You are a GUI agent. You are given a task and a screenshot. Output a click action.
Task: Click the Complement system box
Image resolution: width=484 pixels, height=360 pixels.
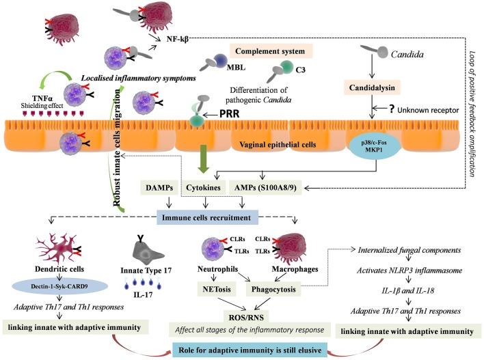point(271,51)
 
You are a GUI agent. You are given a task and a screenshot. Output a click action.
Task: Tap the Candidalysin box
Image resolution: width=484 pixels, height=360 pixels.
point(372,88)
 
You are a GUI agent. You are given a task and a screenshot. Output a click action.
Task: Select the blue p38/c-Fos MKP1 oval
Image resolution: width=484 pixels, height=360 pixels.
point(374,146)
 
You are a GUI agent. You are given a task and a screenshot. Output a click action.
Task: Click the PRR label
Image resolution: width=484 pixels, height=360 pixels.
point(229,114)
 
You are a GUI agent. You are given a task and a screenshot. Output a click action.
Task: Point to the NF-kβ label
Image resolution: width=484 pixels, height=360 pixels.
point(178,39)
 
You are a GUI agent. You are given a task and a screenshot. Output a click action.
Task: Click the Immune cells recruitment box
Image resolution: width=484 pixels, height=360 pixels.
point(207,218)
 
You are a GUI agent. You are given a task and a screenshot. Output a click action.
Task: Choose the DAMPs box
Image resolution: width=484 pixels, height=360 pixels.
point(159,188)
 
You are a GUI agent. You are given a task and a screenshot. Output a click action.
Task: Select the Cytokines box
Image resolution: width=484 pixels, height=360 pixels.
point(203,188)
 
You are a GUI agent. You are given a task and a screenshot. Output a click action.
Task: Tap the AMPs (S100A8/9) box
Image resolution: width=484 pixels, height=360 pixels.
point(266,188)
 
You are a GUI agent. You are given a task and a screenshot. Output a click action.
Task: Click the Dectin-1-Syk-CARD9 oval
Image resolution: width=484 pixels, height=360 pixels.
point(59,286)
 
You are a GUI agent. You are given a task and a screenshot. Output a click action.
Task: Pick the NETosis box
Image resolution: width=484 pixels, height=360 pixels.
point(217,290)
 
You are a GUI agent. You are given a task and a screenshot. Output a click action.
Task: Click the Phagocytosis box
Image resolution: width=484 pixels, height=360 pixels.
point(273,290)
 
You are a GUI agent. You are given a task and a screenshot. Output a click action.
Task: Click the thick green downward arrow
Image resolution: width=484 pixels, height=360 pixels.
point(203,158)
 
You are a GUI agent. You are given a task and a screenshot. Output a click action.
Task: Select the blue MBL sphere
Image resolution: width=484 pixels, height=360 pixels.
point(220,61)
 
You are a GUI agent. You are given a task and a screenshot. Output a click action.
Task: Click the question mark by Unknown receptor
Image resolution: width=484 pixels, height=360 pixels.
point(392,109)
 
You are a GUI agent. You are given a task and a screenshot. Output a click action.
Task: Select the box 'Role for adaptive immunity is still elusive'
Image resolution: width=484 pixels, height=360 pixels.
point(250,350)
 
